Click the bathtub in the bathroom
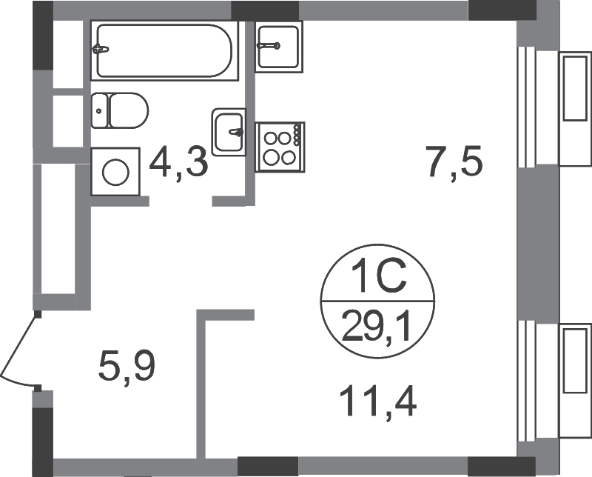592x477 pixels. click(x=164, y=50)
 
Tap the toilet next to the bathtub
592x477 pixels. click(x=120, y=110)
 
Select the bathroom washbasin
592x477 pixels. click(x=229, y=133)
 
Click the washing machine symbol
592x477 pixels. click(x=115, y=172)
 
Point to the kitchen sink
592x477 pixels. click(x=279, y=46)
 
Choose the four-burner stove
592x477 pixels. click(x=280, y=147)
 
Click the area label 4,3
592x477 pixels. click(x=178, y=163)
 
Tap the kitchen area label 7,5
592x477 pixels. click(x=454, y=161)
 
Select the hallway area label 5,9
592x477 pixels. click(x=127, y=366)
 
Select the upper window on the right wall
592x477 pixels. click(x=527, y=107)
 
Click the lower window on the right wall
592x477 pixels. click(x=527, y=381)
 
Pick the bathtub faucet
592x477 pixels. click(x=101, y=49)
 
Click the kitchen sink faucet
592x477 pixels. click(x=269, y=46)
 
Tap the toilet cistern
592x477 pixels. click(x=100, y=110)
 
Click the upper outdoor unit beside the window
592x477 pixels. click(x=576, y=108)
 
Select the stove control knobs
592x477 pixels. click(x=297, y=135)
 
